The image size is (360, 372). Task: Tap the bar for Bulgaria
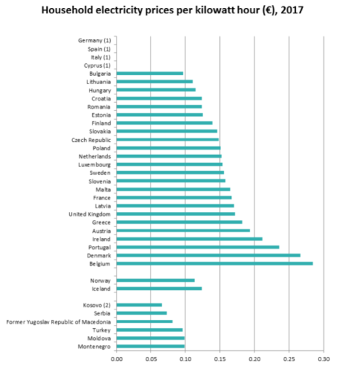[150, 73]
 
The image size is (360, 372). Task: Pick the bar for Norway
[156, 280]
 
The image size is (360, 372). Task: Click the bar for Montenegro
[151, 346]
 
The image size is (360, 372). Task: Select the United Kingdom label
[90, 214]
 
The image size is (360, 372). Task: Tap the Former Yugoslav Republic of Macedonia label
[58, 322]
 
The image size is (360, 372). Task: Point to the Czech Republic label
[91, 140]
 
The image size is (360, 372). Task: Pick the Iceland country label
[101, 289]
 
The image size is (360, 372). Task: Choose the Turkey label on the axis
[101, 330]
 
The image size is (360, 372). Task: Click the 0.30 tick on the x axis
[324, 359]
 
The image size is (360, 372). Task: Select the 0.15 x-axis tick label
[220, 359]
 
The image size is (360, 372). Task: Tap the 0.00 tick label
[116, 359]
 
